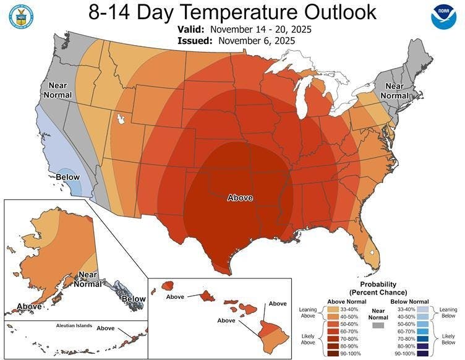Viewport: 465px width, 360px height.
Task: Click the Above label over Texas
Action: [x=241, y=198]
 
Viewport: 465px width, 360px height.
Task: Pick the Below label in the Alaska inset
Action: [x=134, y=299]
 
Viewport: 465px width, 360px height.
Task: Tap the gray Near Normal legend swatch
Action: [x=377, y=325]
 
